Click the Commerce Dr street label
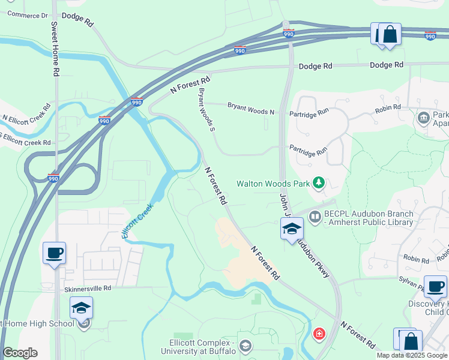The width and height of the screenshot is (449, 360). tap(28, 14)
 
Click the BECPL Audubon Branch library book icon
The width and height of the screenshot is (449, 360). tap(315, 215)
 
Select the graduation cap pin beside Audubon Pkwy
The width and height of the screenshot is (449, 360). tap(292, 229)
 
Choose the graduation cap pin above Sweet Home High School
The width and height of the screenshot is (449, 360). tap(81, 308)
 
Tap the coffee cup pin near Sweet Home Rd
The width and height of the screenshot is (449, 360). tap(54, 253)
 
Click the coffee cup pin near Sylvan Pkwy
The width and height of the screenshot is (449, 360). tap(435, 287)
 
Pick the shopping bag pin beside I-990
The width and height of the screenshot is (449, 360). tap(390, 34)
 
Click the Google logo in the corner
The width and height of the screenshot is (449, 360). tap(20, 352)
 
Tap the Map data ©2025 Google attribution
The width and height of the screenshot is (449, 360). tap(411, 355)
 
